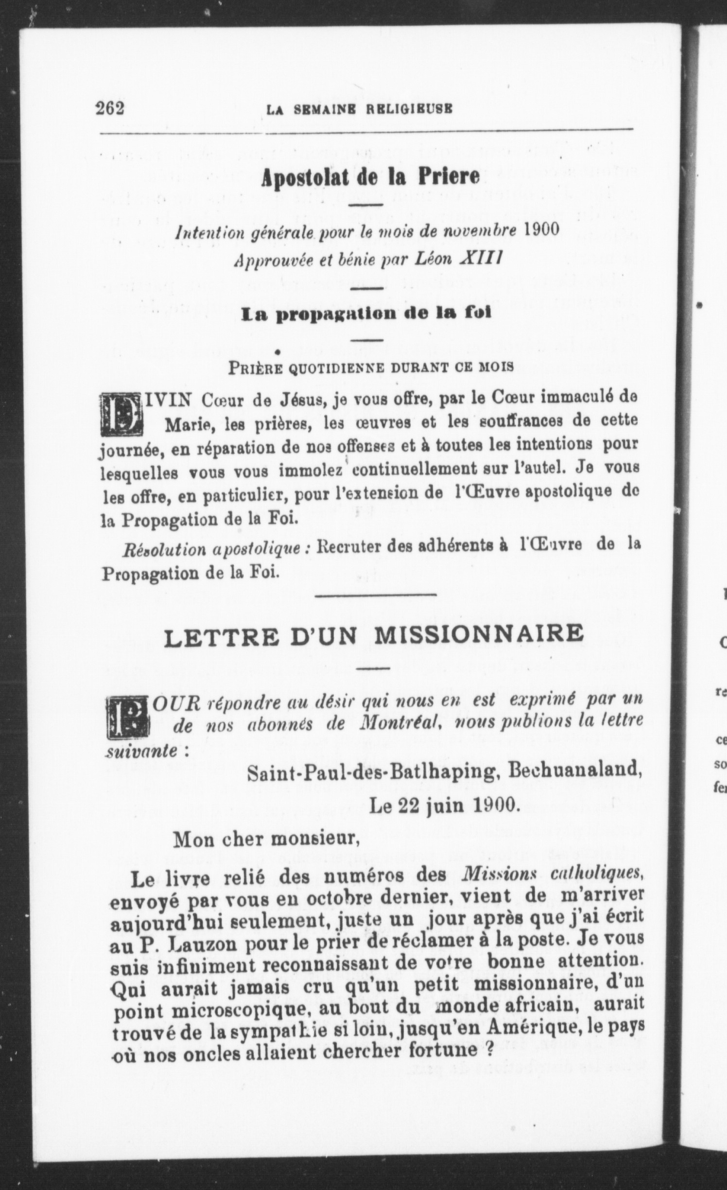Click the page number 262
pos(111,108)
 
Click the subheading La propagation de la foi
pos(366,314)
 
